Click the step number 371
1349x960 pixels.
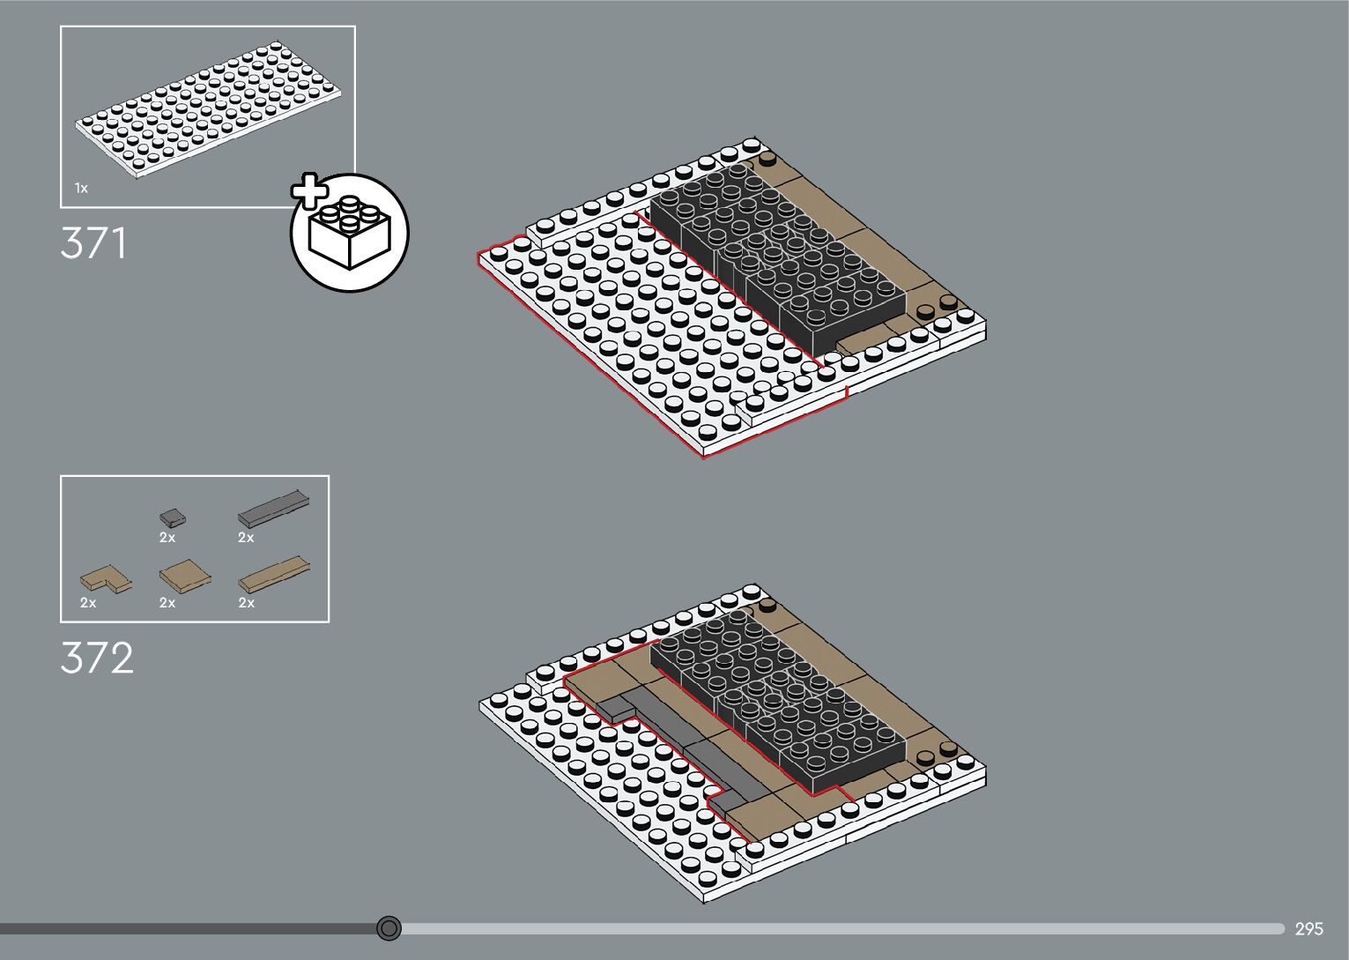pyautogui.click(x=93, y=243)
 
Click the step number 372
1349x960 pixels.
pyautogui.click(x=97, y=658)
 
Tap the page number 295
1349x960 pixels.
pyautogui.click(x=1308, y=928)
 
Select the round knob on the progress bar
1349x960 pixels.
pyautogui.click(x=389, y=927)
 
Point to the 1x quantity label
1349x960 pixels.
pyautogui.click(x=81, y=188)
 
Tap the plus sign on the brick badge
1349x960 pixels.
pyautogui.click(x=309, y=192)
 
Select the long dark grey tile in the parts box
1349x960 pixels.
pyautogui.click(x=273, y=510)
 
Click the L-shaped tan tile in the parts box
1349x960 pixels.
pyautogui.click(x=103, y=579)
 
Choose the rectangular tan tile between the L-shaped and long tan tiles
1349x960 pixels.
pyautogui.click(x=185, y=576)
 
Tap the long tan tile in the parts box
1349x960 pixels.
pyautogui.click(x=273, y=575)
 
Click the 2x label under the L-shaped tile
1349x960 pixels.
pyautogui.click(x=88, y=603)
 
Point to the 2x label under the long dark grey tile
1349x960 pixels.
pyautogui.click(x=246, y=537)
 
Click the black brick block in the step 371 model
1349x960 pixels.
pyautogui.click(x=775, y=251)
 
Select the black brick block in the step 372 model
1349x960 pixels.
pyautogui.click(x=775, y=696)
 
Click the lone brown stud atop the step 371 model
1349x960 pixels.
pyautogui.click(x=768, y=160)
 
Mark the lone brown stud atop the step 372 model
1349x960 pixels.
pyautogui.click(x=767, y=606)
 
